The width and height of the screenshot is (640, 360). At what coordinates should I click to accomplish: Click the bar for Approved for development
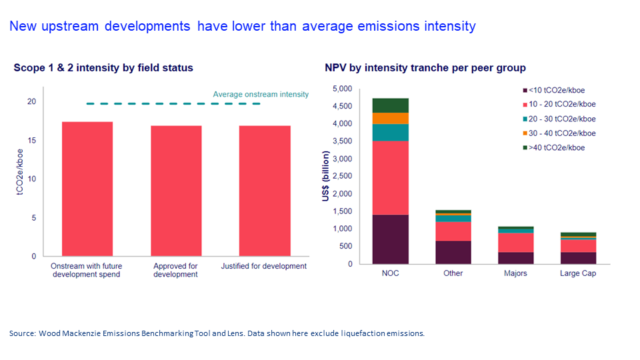tap(176, 191)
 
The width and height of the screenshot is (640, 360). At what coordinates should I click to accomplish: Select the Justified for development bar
tap(265, 191)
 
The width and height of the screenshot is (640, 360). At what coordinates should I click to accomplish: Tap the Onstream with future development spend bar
tap(87, 189)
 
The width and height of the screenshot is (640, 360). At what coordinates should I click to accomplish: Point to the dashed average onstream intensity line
tap(173, 104)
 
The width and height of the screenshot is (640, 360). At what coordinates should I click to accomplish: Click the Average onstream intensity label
tap(261, 95)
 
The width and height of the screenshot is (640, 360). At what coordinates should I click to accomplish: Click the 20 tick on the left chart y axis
tap(31, 101)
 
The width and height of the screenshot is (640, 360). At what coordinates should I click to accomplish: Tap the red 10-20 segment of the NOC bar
tap(390, 177)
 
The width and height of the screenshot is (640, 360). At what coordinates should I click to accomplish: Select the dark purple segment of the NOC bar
tap(390, 239)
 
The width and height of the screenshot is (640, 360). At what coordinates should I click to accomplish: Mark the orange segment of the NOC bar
tap(390, 118)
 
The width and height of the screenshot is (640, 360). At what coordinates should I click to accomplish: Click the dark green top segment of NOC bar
tap(390, 105)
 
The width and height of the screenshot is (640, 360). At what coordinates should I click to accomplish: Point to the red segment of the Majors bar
tap(515, 242)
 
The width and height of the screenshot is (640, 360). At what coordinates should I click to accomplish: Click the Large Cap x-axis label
tap(578, 273)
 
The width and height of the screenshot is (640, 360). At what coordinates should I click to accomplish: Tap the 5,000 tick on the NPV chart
tap(342, 89)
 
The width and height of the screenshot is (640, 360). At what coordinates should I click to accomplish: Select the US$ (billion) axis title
tap(325, 177)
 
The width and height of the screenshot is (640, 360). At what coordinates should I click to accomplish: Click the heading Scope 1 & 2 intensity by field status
tap(103, 68)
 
